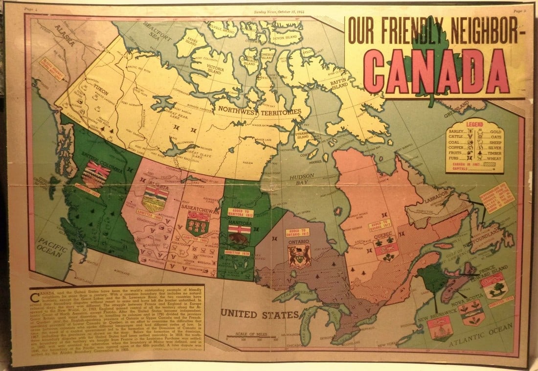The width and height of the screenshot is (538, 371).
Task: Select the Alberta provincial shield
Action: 156,200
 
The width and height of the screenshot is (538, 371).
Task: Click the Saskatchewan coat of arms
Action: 198,225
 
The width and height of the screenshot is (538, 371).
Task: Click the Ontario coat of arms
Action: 299,256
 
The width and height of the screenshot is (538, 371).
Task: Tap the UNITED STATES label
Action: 259,313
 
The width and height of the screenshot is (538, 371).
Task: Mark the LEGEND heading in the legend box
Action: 474,125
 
